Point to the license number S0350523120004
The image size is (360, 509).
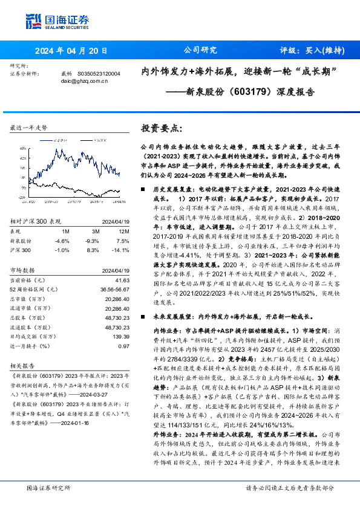pos(99,73)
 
